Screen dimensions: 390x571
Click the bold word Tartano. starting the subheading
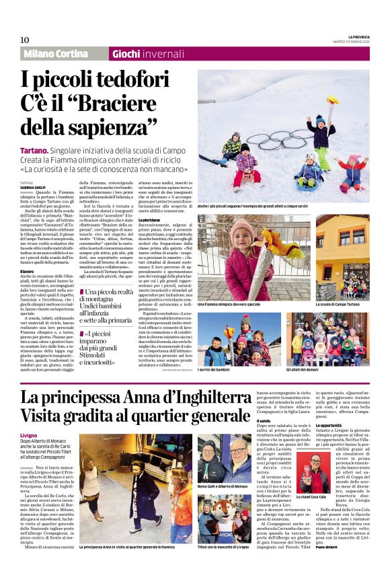pos(35,153)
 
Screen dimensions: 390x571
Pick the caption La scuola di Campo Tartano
pos(323,305)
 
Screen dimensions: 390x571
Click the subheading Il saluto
pos(264,421)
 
